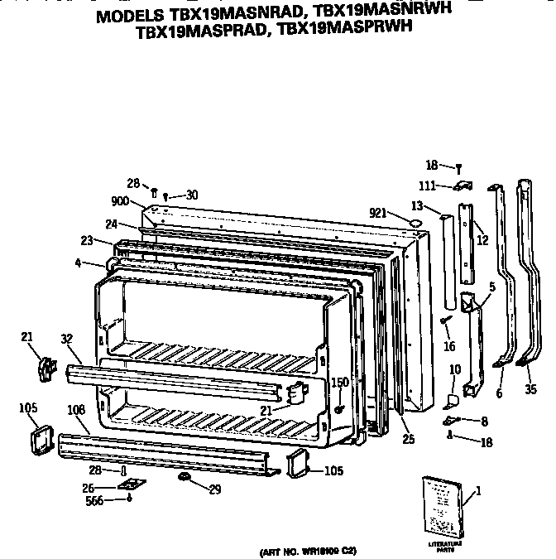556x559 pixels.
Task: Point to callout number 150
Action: pos(339,382)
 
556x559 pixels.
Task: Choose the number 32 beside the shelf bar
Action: pos(67,338)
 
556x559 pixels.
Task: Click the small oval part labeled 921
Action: pos(416,222)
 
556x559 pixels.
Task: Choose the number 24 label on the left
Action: pos(111,224)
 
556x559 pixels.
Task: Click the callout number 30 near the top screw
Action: pos(191,195)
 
